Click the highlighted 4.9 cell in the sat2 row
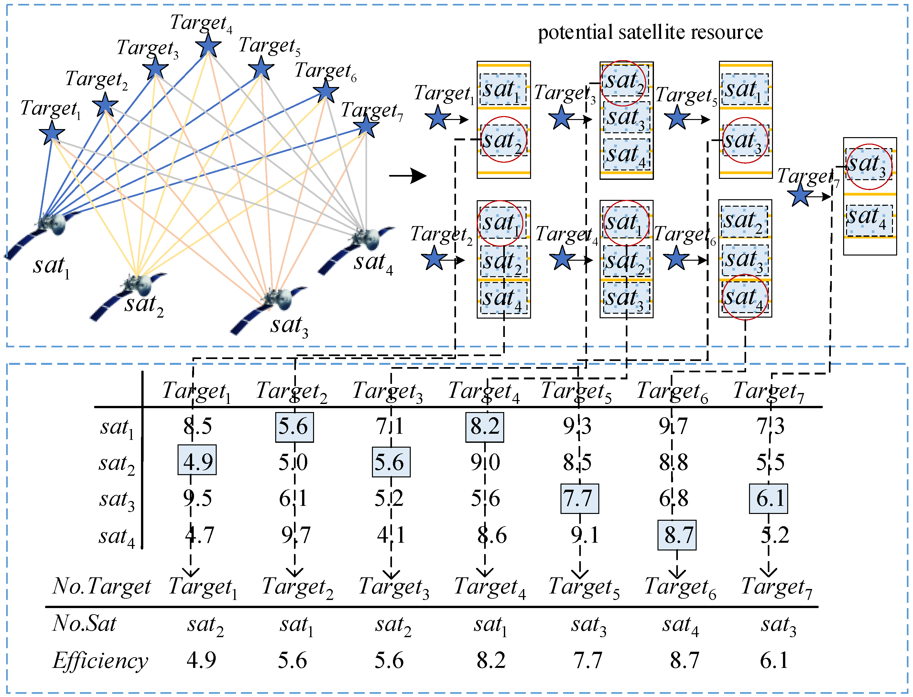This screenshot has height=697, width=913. tap(197, 460)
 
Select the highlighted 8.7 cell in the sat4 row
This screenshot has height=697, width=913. tap(677, 535)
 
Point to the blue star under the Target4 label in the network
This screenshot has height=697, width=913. tap(208, 45)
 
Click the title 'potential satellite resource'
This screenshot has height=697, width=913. tap(650, 32)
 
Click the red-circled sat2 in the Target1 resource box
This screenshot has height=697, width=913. tap(503, 140)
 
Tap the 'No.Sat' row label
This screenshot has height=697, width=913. tap(84, 624)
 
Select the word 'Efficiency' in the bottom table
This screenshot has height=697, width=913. tap(100, 660)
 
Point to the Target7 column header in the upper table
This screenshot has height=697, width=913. tap(768, 391)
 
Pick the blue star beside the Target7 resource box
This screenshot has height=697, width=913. tap(799, 196)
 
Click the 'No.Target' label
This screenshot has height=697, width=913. tap(102, 586)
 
